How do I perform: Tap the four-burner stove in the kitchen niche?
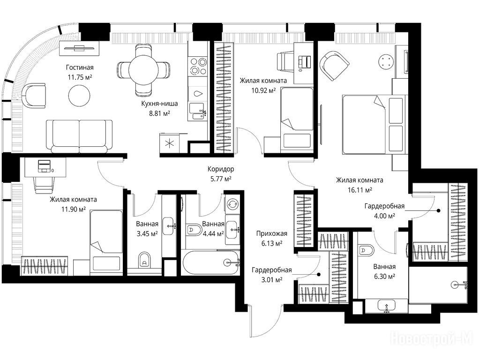pyautogui.click(x=198, y=66)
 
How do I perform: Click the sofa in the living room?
pyautogui.click(x=79, y=136)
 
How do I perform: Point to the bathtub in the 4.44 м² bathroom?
pyautogui.click(x=210, y=262)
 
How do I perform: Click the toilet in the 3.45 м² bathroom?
pyautogui.click(x=144, y=260)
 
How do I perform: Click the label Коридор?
pyautogui.click(x=221, y=169)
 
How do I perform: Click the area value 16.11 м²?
pyautogui.click(x=360, y=190)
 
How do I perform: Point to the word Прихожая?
pyautogui.click(x=271, y=234)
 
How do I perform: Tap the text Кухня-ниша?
pyautogui.click(x=159, y=104)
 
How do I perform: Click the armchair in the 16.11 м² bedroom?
pyautogui.click(x=334, y=66)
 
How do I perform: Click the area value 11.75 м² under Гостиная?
pyautogui.click(x=80, y=77)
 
